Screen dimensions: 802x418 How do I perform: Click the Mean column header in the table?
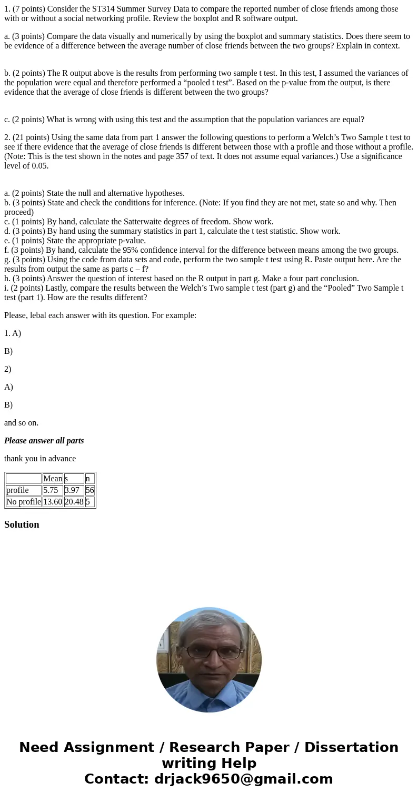click(53, 479)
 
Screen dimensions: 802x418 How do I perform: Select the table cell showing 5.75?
click(53, 490)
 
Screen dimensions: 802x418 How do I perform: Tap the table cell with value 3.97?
click(74, 490)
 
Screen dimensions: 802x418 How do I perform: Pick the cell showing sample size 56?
click(89, 490)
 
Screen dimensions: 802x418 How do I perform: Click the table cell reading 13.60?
click(53, 502)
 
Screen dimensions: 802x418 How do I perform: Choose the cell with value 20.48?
click(74, 502)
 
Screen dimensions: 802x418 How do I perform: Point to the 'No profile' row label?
click(24, 502)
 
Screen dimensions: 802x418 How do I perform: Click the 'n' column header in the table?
click(88, 479)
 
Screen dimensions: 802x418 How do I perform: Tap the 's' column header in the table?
click(66, 479)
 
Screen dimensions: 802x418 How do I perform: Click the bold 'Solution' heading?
click(22, 524)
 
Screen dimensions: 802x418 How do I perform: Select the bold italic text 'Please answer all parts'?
click(44, 441)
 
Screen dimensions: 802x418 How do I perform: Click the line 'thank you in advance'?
click(40, 459)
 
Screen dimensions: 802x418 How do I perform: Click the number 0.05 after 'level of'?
click(40, 166)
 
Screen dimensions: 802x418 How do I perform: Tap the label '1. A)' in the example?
click(13, 333)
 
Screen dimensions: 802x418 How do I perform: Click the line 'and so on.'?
click(22, 423)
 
